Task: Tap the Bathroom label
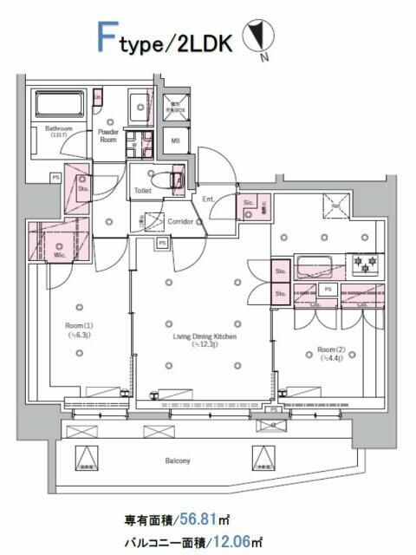[x=46, y=127]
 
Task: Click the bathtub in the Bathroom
[x=58, y=107]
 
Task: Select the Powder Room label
[x=108, y=134]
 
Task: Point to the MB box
[x=174, y=141]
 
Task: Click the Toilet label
[x=142, y=190]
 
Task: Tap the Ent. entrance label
[x=207, y=199]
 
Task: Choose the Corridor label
[x=179, y=221]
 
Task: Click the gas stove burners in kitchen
[x=363, y=263]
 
